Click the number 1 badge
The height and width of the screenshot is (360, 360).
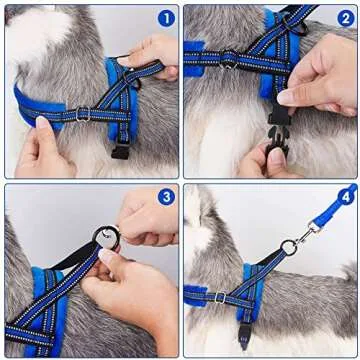pyautogui.click(x=165, y=17)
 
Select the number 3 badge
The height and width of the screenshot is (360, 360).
pyautogui.click(x=165, y=197)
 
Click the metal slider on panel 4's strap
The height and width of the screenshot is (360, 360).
pyautogui.click(x=219, y=297)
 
